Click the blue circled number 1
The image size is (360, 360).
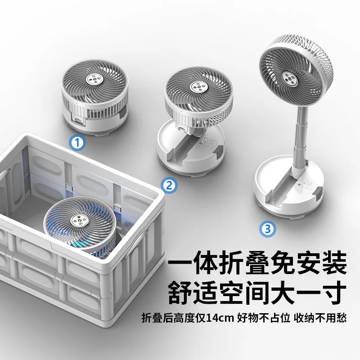(x=77, y=143)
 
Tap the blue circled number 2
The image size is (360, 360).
(x=169, y=185)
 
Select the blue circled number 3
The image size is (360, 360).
(x=268, y=229)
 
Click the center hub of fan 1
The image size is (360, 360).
(x=94, y=79)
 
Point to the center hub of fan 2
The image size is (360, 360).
(x=198, y=87)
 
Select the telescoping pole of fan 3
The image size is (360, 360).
(x=299, y=138)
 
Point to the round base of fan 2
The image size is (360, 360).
(x=190, y=151)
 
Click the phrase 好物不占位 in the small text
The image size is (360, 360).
(x=264, y=318)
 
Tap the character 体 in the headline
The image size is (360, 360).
(x=207, y=262)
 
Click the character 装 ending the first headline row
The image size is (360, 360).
(x=334, y=262)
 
